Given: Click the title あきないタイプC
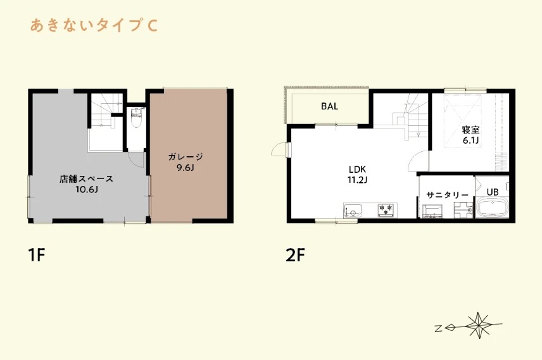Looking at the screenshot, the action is [x=94, y=25].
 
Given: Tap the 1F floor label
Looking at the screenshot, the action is [x=37, y=256].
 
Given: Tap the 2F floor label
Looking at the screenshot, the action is [x=296, y=256].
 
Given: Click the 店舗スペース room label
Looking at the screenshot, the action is [x=86, y=179].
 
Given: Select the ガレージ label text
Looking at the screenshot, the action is [x=186, y=157].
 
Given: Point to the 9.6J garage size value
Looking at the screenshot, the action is [x=186, y=168].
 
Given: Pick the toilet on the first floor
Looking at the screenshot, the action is [x=136, y=118].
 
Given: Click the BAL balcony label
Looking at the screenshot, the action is [x=329, y=106].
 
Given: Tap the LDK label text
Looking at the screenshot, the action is [x=357, y=170].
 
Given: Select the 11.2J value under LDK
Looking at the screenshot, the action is [x=357, y=180].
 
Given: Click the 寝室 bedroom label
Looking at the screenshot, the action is [x=470, y=130].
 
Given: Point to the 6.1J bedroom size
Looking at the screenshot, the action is [x=470, y=140].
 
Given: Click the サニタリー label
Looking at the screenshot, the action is [x=447, y=195].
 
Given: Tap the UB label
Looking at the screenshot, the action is [x=492, y=192].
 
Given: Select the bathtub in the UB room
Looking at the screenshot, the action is [x=492, y=208].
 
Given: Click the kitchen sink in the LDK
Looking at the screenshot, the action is [x=353, y=211].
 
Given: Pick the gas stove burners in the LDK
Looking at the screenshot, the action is [x=386, y=209].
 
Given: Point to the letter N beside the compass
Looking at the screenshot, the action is [x=438, y=328].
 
